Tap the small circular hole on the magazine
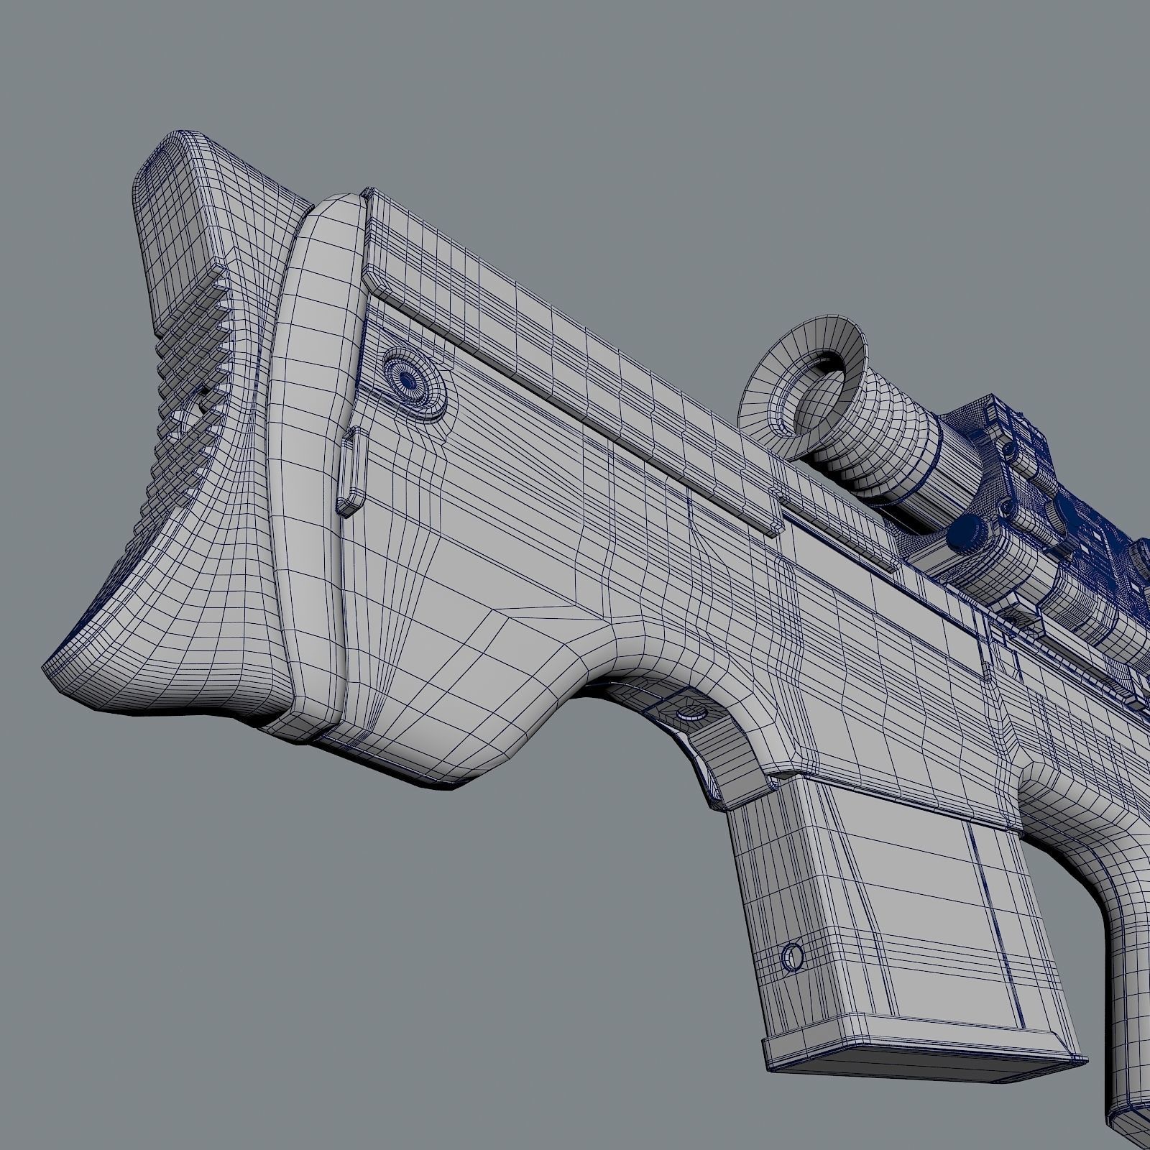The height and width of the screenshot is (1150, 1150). (792, 957)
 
